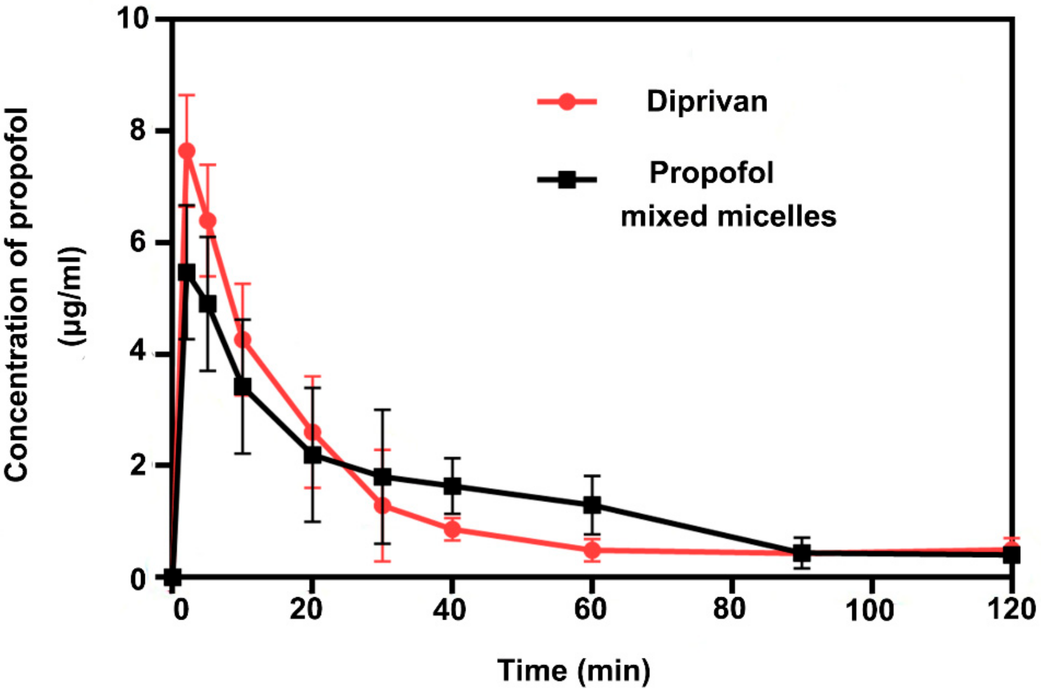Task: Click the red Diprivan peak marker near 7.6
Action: pos(187,151)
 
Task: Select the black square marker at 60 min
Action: pos(592,505)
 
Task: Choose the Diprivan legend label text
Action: pos(707,102)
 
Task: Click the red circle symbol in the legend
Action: pos(567,102)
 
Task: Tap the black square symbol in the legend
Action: pos(567,180)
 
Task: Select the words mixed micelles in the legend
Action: pos(728,217)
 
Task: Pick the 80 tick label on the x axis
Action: pos(729,610)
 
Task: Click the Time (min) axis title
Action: pos(573,670)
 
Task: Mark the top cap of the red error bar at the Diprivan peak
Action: pos(187,95)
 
